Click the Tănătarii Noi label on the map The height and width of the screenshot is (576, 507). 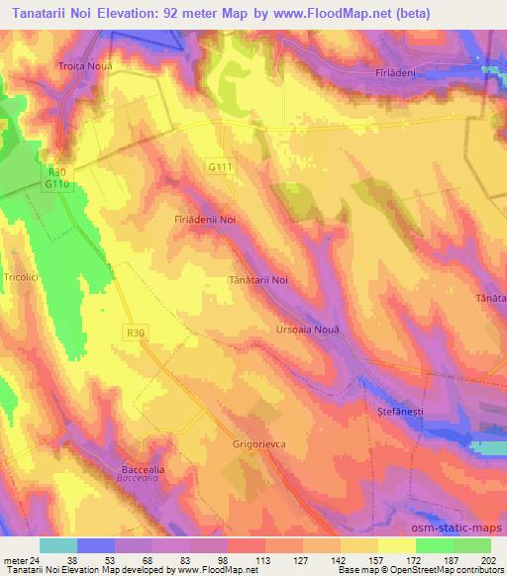tap(258, 280)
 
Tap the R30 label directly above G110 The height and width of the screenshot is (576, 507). tap(54, 170)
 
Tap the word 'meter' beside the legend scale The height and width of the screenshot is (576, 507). tap(14, 560)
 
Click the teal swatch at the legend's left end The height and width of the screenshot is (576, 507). tap(57, 545)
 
